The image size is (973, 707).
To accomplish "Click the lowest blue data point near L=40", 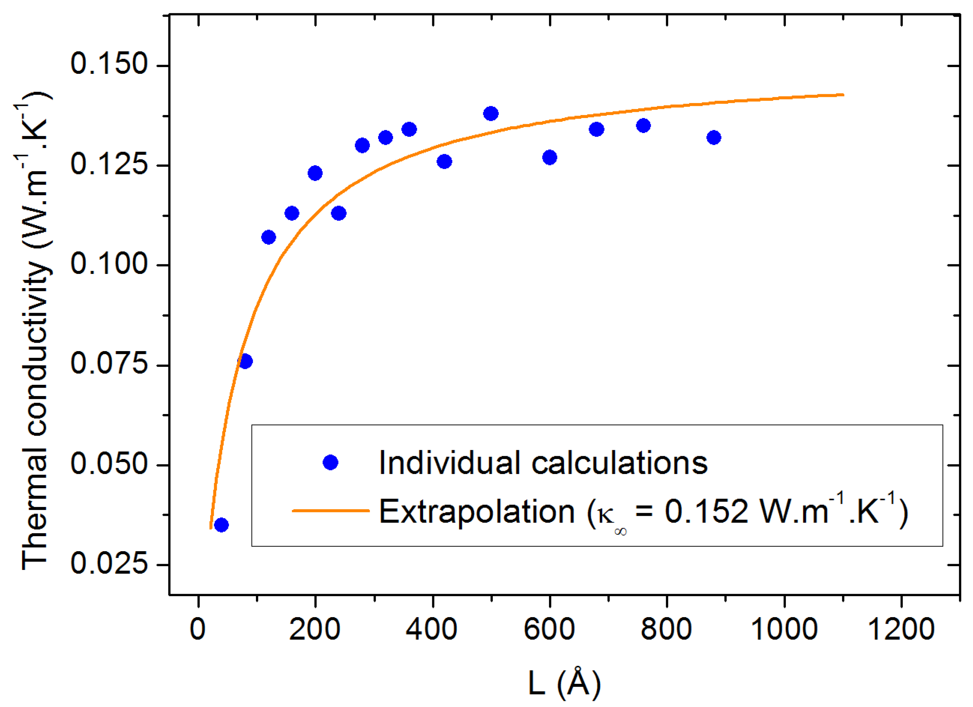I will (221, 525).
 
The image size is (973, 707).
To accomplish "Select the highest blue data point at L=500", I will (491, 114).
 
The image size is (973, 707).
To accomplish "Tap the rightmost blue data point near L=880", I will (713, 138).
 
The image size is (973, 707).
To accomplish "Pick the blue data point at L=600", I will (550, 158).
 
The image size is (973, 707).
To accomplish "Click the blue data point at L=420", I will (444, 162).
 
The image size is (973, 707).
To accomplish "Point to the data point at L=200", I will (315, 173).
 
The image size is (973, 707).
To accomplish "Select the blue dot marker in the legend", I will (330, 462).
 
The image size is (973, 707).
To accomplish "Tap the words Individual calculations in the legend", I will (543, 463).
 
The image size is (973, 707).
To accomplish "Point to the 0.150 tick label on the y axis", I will (109, 64).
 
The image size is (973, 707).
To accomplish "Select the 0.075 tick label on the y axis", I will (109, 363).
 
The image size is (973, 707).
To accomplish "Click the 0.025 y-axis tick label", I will (109, 563).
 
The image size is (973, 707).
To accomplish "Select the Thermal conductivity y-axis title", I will (36, 330).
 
